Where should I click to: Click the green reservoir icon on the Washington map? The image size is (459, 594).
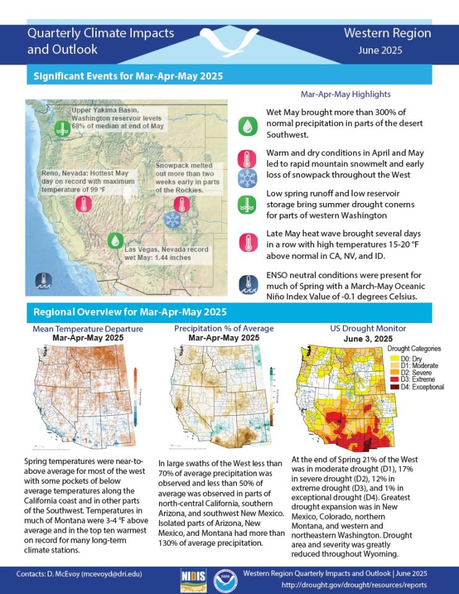point(61,128)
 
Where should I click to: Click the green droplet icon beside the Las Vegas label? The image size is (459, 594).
point(115,241)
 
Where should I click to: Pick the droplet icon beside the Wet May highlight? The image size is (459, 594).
point(247,126)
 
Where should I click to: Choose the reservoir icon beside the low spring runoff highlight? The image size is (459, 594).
point(247,205)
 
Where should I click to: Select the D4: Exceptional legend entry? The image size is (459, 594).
point(417,387)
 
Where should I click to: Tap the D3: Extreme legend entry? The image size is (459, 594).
point(414,379)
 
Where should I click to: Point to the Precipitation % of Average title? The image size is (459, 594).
point(223,329)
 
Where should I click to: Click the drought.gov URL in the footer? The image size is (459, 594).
point(354,585)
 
